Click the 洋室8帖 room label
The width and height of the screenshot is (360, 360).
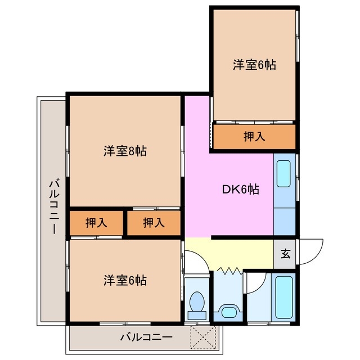click(x=125, y=151)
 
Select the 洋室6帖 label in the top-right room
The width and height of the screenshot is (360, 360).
click(x=254, y=64)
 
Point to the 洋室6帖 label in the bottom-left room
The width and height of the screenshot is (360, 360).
click(x=125, y=280)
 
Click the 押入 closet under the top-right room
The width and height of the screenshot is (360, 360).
click(x=254, y=136)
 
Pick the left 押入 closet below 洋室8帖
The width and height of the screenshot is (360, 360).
click(x=96, y=223)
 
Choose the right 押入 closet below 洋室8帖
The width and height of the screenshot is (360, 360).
click(x=154, y=223)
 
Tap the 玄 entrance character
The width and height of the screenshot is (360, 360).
click(x=286, y=253)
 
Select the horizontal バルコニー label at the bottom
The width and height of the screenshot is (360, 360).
click(x=146, y=337)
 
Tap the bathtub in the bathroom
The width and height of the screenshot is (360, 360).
click(x=284, y=298)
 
